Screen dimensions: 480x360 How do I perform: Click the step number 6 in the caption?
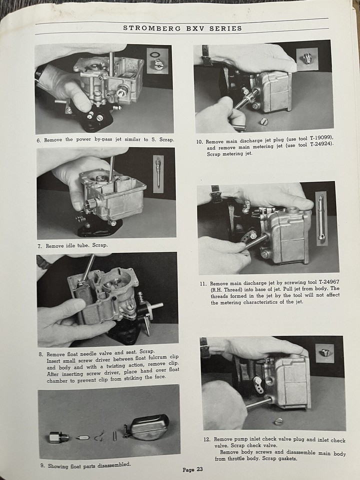coord(38,140)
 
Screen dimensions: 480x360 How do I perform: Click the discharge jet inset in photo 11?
coord(320,216)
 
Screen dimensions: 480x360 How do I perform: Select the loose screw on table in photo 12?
coord(278,420)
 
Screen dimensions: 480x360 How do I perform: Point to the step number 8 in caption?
coord(41,353)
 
